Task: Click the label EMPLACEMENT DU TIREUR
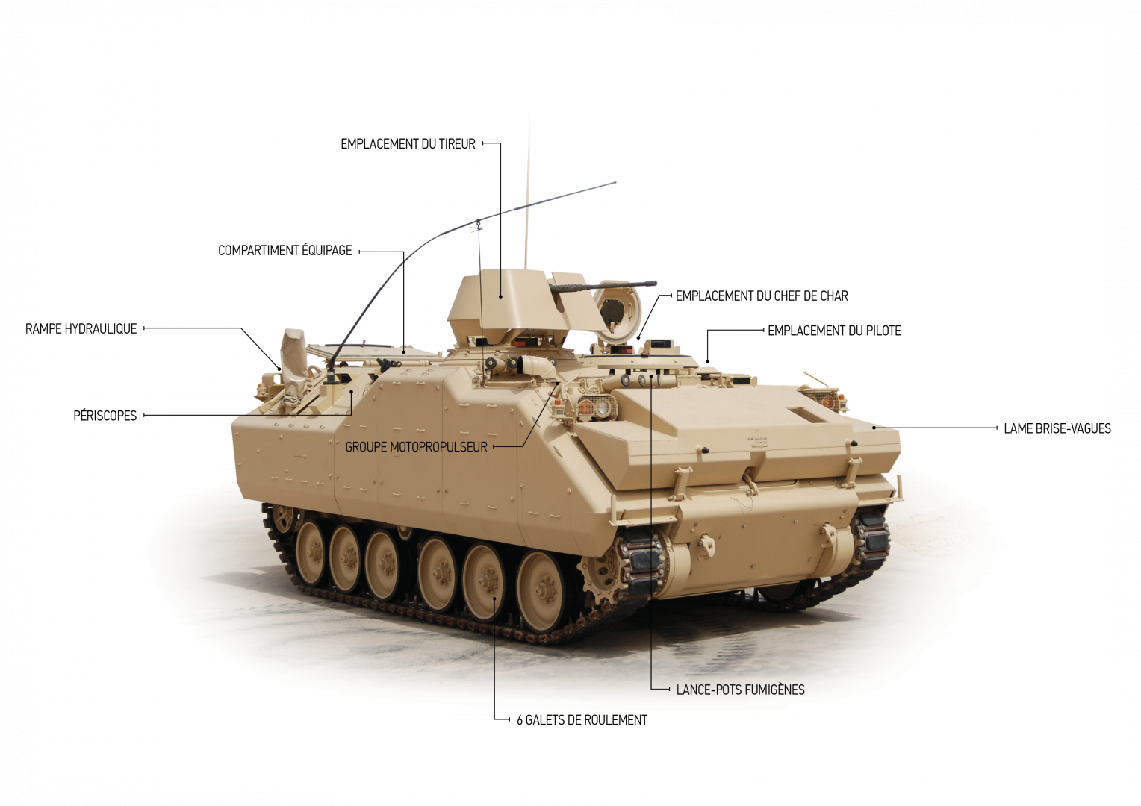pyautogui.click(x=408, y=144)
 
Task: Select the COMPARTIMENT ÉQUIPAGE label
pyautogui.click(x=285, y=251)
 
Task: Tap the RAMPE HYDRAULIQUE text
pyautogui.click(x=81, y=329)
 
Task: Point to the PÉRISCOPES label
pyautogui.click(x=105, y=416)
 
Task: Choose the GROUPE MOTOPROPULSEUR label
pyautogui.click(x=416, y=447)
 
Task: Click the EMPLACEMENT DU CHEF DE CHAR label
pyautogui.click(x=762, y=296)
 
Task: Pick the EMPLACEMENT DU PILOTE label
pyautogui.click(x=834, y=331)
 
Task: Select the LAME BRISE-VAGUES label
pyautogui.click(x=1057, y=428)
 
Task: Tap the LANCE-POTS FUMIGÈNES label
pyautogui.click(x=740, y=690)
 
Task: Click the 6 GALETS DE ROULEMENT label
pyautogui.click(x=582, y=720)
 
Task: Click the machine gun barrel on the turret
pyautogui.click(x=612, y=286)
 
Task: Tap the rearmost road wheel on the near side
pyautogui.click(x=311, y=554)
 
